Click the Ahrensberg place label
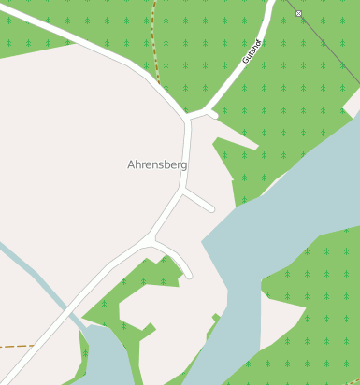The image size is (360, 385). pyautogui.click(x=157, y=164)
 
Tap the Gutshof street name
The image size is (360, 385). pyautogui.click(x=250, y=50)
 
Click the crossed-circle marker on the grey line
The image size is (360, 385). pyautogui.click(x=298, y=13)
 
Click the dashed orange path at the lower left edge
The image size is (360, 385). pyautogui.click(x=14, y=346)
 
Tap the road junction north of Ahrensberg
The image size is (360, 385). pyautogui.click(x=190, y=118)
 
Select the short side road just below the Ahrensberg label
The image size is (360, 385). pyautogui.click(x=199, y=200)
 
